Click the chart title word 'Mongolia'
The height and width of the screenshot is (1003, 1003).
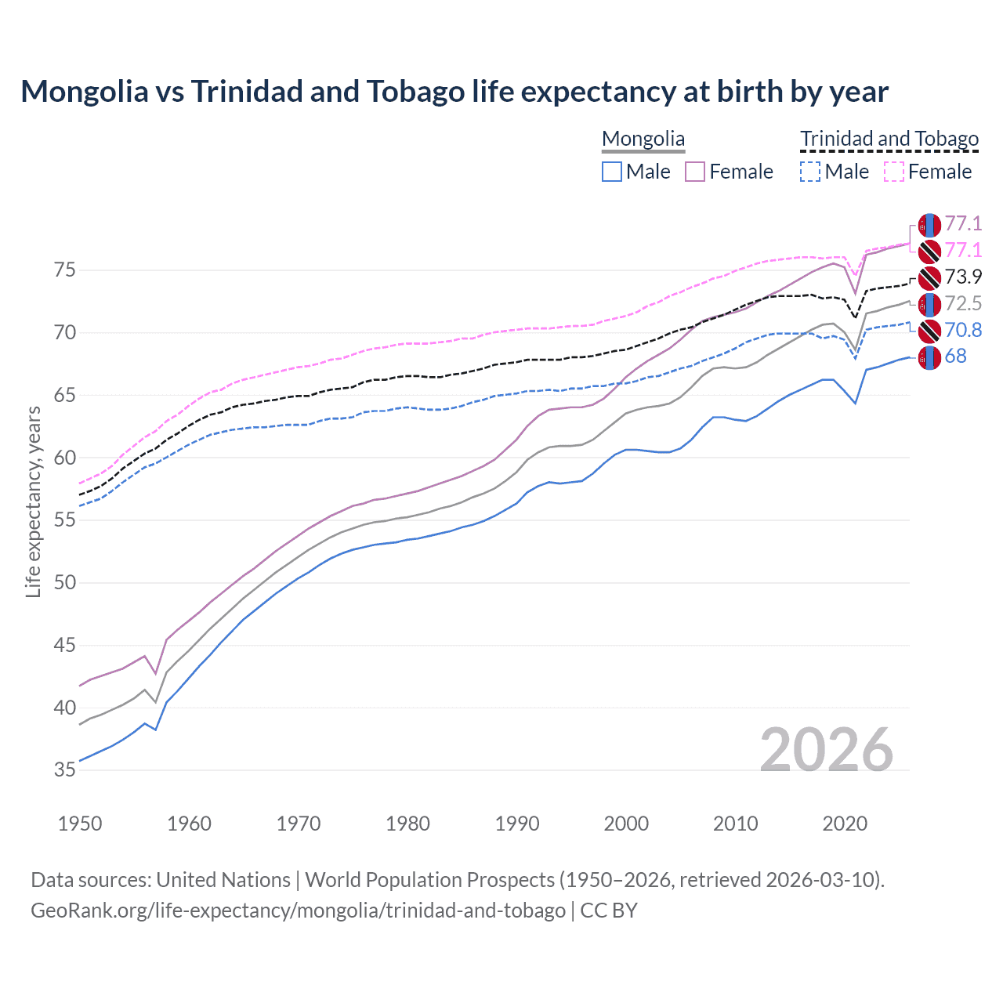[x=85, y=92]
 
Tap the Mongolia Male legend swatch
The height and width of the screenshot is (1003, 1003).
[x=612, y=172]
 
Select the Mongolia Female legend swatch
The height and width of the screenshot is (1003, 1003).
[x=695, y=172]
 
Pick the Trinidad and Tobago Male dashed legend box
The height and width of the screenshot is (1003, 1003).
[x=810, y=172]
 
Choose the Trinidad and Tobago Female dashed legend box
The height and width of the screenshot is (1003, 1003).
[x=894, y=172]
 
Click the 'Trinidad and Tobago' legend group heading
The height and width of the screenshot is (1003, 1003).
[x=889, y=139]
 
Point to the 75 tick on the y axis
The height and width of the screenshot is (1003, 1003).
[x=65, y=270]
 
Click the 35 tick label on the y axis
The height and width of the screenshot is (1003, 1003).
[x=65, y=770]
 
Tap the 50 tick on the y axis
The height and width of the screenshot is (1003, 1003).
[x=65, y=583]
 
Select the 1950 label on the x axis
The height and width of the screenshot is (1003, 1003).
[x=80, y=824]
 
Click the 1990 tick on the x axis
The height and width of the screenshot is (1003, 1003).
[x=517, y=824]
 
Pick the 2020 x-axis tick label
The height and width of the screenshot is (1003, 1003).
[x=845, y=824]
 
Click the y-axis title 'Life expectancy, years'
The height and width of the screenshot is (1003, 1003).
[x=34, y=501]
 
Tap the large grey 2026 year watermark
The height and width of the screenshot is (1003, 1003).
[x=827, y=750]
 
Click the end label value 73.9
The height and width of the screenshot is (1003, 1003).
[x=963, y=277]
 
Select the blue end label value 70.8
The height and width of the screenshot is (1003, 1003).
[x=963, y=331]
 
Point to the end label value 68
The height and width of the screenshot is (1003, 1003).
[x=955, y=357]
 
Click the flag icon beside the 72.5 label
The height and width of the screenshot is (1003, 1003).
[x=929, y=304]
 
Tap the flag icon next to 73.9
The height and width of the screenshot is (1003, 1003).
[x=929, y=277]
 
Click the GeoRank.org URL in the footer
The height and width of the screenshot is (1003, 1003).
[x=298, y=911]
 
